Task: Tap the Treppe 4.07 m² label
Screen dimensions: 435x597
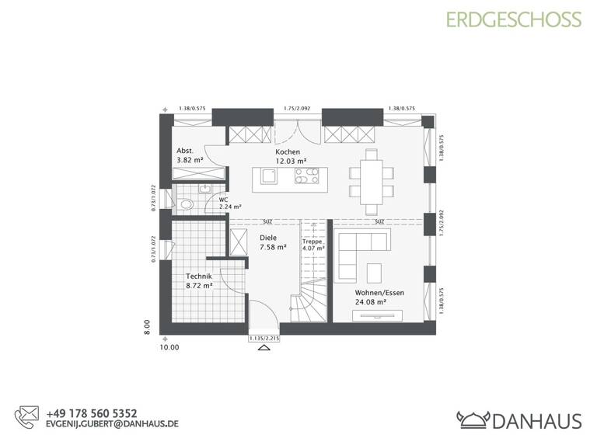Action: pyautogui.click(x=312, y=245)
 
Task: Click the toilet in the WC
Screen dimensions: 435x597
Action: pyautogui.click(x=185, y=204)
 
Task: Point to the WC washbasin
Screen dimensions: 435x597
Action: pyautogui.click(x=206, y=189)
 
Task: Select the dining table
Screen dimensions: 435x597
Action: pyautogui.click(x=371, y=180)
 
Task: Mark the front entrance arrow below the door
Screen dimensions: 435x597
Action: pyautogui.click(x=263, y=350)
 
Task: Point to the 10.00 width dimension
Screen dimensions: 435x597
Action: pyautogui.click(x=169, y=347)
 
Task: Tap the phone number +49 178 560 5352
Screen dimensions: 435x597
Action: pyautogui.click(x=91, y=413)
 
